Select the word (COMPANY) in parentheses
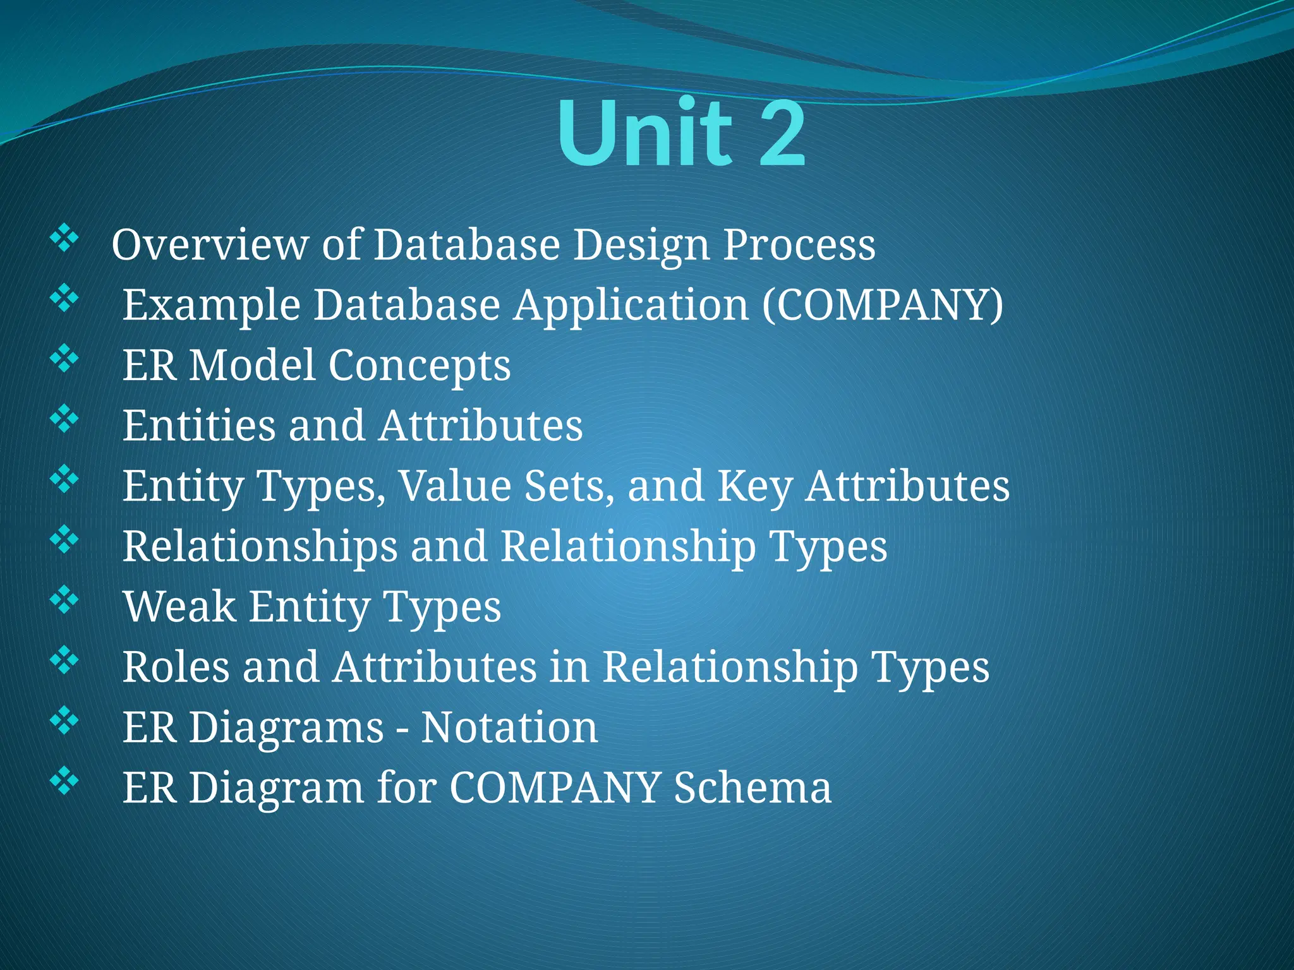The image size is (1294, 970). coord(882,306)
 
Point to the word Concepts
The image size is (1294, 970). coord(419,366)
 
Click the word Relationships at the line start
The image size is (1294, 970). coord(260,546)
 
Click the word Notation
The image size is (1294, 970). coord(509,727)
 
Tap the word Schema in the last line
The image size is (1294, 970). coord(752,787)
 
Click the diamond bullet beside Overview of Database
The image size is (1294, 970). coord(64,240)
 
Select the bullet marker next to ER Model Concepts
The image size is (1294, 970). coord(64,359)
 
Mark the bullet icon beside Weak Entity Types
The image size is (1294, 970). coord(64,601)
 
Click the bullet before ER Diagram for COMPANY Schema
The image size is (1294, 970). coord(64,781)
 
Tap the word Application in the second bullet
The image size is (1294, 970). coord(631,306)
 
